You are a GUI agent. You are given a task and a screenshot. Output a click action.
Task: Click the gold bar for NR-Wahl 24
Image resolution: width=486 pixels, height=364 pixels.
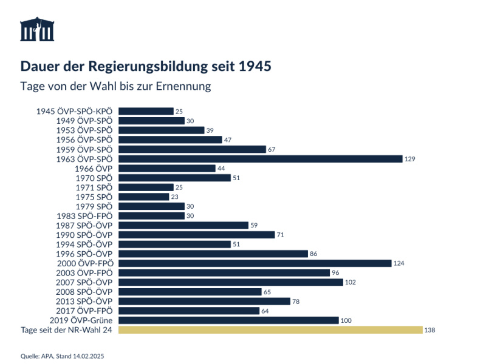click(270, 330)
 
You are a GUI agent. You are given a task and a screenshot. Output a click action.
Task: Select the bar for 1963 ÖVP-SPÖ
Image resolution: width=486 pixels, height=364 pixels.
click(260, 158)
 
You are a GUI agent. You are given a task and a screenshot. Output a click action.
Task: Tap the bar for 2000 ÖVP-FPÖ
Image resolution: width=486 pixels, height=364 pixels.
click(255, 263)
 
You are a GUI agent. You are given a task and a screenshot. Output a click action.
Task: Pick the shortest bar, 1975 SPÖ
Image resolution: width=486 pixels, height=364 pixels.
click(143, 197)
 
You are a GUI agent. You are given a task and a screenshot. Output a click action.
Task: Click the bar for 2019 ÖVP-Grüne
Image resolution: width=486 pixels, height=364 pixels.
click(228, 320)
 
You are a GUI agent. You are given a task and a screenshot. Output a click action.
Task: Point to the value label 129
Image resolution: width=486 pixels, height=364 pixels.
click(410, 159)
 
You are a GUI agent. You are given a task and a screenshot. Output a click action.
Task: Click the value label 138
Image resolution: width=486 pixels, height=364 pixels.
click(431, 330)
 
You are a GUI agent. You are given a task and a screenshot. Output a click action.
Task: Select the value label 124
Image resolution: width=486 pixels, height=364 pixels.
click(399, 263)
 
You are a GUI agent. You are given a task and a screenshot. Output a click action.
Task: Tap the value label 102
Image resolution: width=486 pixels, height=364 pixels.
click(350, 283)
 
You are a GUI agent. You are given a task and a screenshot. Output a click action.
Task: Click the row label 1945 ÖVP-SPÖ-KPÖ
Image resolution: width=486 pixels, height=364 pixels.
click(75, 111)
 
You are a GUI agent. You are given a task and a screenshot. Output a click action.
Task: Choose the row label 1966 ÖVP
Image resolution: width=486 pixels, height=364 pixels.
click(94, 168)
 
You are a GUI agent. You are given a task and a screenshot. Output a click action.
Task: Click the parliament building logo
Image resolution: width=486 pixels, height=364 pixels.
click(37, 29)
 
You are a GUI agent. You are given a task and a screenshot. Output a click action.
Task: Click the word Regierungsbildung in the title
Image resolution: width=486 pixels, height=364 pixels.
click(150, 66)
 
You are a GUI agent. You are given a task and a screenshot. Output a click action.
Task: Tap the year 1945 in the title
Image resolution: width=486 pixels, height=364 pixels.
click(255, 66)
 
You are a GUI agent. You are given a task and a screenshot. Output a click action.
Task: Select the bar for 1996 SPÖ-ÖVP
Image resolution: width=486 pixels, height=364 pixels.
click(213, 254)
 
